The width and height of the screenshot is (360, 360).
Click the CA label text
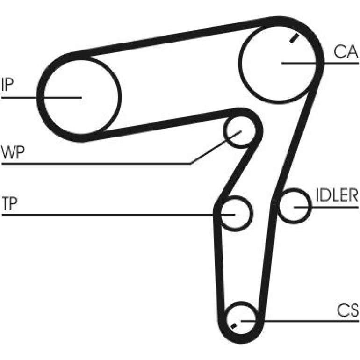click(346, 51)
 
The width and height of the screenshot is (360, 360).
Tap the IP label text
click(7, 85)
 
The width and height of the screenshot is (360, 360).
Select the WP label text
click(13, 152)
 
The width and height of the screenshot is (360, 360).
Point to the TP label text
click(10, 203)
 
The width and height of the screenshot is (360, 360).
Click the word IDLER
click(337, 195)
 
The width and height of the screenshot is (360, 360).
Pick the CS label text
click(347, 310)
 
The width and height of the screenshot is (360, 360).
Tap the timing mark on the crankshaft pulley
click(234, 326)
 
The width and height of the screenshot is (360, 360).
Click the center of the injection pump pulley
click(81, 97)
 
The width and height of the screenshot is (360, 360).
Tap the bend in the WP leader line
click(191, 164)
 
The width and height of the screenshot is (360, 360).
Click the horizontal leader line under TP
click(118, 215)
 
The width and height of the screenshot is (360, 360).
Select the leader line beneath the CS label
click(300, 321)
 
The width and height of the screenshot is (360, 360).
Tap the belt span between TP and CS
click(219, 264)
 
